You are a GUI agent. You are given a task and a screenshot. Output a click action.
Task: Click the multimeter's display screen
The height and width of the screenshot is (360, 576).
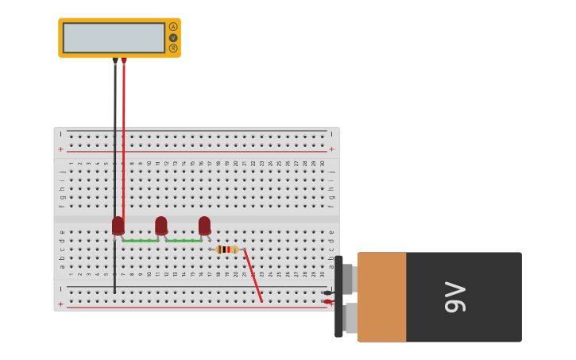[114, 37]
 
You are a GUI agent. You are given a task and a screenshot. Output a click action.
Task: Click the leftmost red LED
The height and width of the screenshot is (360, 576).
[118, 226]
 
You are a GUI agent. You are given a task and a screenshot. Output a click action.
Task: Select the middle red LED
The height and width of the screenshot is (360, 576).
[161, 226]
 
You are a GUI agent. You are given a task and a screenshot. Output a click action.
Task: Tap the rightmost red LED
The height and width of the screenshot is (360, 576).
[204, 226]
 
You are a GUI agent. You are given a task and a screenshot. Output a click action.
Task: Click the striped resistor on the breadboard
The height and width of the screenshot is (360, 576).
[226, 250]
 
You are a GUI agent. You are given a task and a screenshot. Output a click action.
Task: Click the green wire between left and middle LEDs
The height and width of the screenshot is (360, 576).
[140, 241]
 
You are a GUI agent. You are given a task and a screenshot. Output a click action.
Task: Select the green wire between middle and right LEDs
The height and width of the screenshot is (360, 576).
[183, 241]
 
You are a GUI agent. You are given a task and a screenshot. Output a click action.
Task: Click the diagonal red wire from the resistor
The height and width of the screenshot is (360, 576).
[253, 277]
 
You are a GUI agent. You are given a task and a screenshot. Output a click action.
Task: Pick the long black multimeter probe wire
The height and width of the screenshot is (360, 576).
[114, 159]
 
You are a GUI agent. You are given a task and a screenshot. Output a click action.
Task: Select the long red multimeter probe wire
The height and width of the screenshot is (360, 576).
[123, 143]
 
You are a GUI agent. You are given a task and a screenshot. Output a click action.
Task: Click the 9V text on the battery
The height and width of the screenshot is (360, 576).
[455, 296]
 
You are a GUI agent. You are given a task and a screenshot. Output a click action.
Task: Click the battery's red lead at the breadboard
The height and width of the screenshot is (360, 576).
[328, 302]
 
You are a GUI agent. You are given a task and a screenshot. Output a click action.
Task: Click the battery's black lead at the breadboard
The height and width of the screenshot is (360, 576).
[328, 292]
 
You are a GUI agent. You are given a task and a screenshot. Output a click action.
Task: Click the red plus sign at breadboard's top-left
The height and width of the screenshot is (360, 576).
[60, 149]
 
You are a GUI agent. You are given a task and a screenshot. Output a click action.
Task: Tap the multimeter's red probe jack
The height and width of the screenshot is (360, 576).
[124, 60]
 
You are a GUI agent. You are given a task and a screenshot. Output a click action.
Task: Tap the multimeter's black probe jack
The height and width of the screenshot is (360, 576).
[115, 60]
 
